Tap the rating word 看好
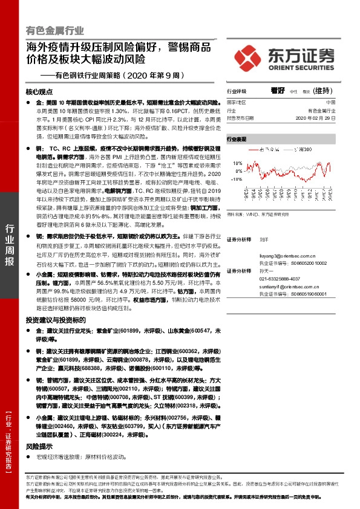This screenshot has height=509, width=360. [x=278, y=90]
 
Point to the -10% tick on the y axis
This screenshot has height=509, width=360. [x=237, y=179]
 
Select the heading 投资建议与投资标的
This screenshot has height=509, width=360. [x=53, y=320]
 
